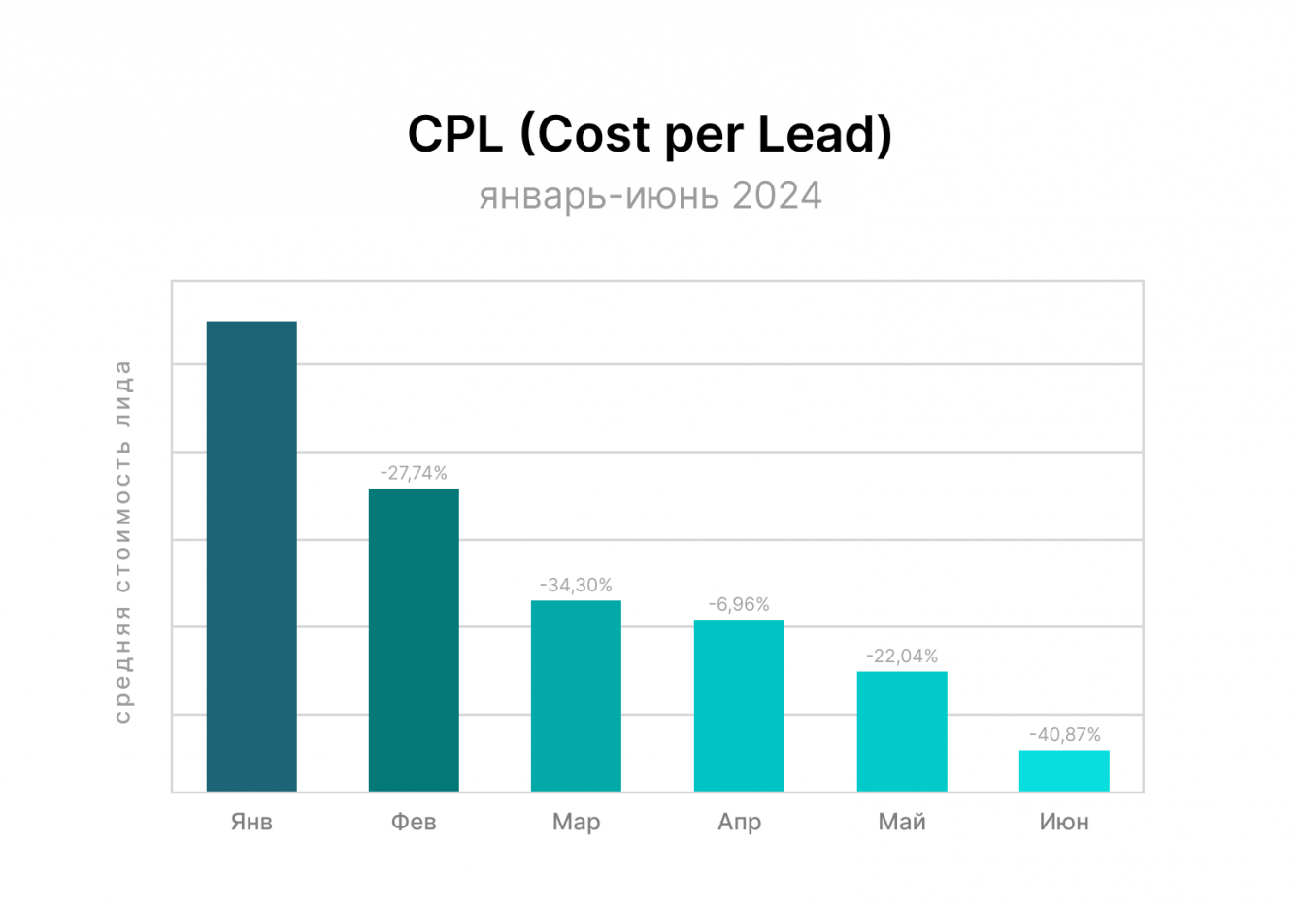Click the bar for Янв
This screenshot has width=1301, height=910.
251,556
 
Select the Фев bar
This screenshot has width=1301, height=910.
414,639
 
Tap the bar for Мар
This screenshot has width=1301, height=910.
576,695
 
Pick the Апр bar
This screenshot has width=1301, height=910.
739,705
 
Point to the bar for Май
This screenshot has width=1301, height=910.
902,731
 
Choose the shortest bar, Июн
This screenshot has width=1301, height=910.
1064,770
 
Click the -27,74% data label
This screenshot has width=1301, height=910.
414,473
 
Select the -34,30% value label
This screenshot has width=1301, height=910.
576,585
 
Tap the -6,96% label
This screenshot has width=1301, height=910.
739,604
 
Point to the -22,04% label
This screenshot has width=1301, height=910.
902,656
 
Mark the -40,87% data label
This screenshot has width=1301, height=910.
1064,734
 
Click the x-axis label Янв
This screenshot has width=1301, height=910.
251,822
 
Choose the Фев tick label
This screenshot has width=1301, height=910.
414,822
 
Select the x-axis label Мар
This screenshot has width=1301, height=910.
576,822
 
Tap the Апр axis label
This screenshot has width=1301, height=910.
739,822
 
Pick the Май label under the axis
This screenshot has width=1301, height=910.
902,822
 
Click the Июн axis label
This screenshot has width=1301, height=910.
1064,822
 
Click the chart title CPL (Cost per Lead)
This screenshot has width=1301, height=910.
650,134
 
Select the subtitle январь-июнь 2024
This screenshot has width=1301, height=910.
650,195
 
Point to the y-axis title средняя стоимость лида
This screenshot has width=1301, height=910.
122,541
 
